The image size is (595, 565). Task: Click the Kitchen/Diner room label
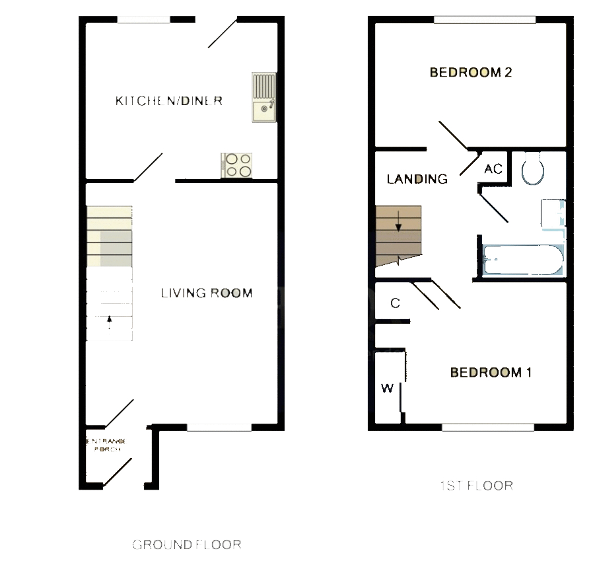168,101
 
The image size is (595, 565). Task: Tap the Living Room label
207,293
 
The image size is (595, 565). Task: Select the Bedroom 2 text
471,73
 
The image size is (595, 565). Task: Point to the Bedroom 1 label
491,373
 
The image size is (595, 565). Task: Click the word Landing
417,179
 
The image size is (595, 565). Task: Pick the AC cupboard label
493,169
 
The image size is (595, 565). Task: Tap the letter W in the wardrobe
387,388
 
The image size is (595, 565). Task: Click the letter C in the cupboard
395,303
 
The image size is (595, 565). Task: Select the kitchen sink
264,98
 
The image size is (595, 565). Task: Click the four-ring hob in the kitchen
237,165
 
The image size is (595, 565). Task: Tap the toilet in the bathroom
532,170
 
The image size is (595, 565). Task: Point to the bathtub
522,260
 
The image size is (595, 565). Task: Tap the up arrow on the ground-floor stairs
110,321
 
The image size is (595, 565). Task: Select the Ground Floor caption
187,545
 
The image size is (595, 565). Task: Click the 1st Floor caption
476,486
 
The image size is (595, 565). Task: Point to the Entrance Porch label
105,445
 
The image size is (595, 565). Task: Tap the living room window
219,428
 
